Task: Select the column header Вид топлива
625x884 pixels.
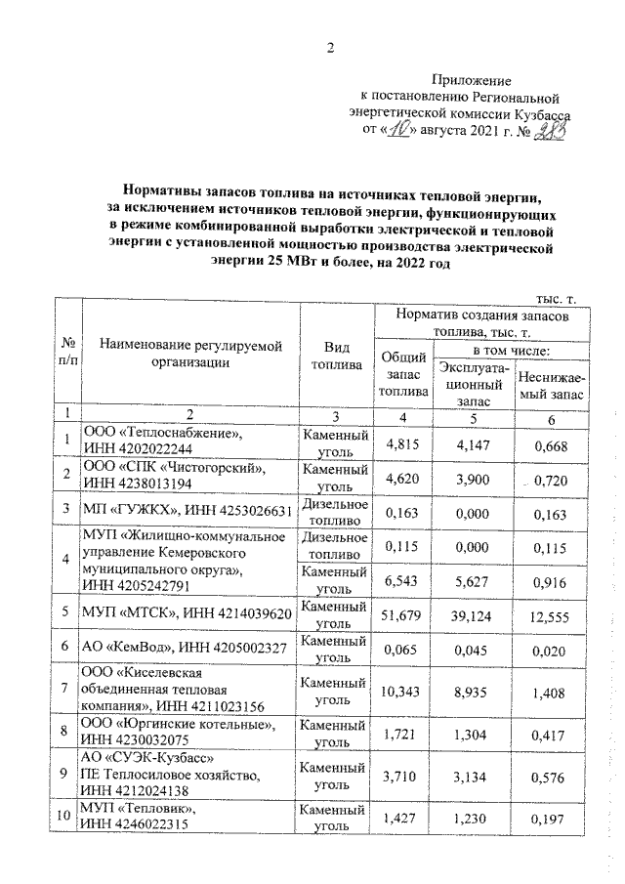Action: (335, 357)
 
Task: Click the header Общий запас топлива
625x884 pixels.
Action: (404, 374)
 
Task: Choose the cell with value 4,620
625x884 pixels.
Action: (404, 474)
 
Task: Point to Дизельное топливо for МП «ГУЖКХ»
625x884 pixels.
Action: (335, 510)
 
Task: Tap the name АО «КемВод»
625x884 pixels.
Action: (131, 647)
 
